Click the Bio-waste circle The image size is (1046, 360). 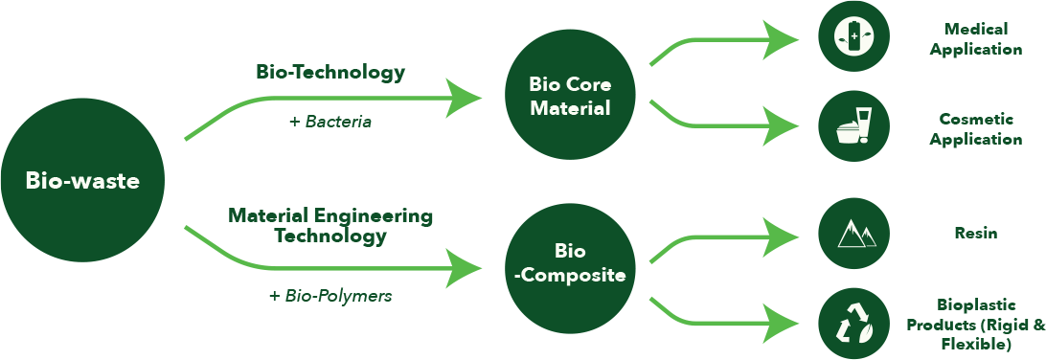click(x=82, y=180)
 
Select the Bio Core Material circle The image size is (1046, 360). click(x=570, y=96)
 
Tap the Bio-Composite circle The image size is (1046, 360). click(x=570, y=264)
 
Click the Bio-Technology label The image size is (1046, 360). click(x=330, y=72)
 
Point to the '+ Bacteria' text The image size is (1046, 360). click(x=330, y=122)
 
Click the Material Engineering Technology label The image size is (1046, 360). click(x=330, y=225)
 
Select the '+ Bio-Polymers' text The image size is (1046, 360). click(x=330, y=296)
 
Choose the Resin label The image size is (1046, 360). click(x=976, y=233)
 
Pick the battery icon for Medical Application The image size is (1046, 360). click(x=853, y=36)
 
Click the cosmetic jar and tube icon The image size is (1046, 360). click(x=853, y=125)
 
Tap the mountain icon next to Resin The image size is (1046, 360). click(x=853, y=233)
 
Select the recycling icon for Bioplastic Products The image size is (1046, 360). click(x=853, y=323)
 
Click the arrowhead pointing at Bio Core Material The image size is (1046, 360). click(x=466, y=97)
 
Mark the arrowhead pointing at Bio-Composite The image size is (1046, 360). click(x=466, y=268)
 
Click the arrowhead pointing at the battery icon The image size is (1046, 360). click(x=786, y=40)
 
